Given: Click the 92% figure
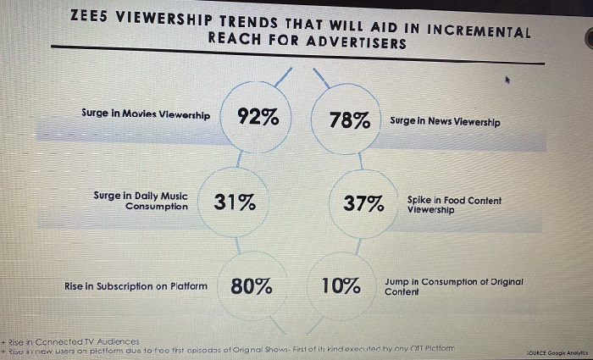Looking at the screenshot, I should [258, 117].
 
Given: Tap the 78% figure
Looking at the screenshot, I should [350, 120].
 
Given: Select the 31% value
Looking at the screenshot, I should [235, 202].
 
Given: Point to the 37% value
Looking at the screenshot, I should [363, 203].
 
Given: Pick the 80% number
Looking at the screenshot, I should [252, 286].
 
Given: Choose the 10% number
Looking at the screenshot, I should [341, 286].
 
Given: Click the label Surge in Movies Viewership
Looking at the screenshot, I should [146, 114].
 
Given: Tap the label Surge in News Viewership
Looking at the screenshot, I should [445, 122].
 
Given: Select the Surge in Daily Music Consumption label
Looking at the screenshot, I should [141, 200].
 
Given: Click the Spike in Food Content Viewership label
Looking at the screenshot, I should [453, 204].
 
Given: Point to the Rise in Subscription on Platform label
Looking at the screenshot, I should [136, 286].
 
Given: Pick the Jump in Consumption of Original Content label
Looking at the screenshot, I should [453, 285].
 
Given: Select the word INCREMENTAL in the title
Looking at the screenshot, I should [480, 31].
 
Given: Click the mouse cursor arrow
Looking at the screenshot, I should [507, 81].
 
